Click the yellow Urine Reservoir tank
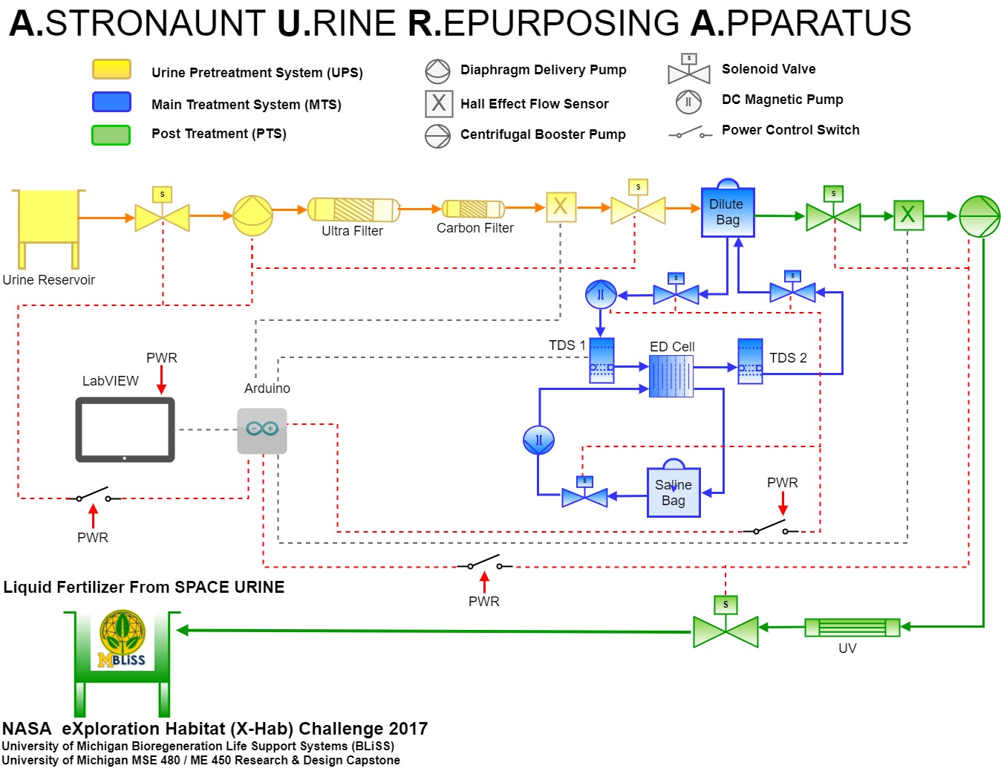click(x=48, y=217)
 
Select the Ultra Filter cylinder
click(x=353, y=209)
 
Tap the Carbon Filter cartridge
click(x=473, y=209)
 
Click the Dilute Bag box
click(x=727, y=212)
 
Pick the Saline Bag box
click(x=673, y=492)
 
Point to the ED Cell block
click(x=671, y=376)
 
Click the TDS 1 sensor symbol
click(x=601, y=361)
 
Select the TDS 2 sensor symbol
click(x=750, y=362)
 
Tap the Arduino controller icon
click(x=261, y=430)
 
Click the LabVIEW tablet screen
click(x=125, y=429)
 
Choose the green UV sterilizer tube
click(x=852, y=628)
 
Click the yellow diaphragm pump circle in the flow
click(x=252, y=215)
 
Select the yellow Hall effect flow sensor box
click(x=561, y=207)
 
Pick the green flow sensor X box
click(x=907, y=215)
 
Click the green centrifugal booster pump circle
click(x=979, y=216)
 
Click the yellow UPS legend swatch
click(x=111, y=70)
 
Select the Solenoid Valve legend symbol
click(x=688, y=71)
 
